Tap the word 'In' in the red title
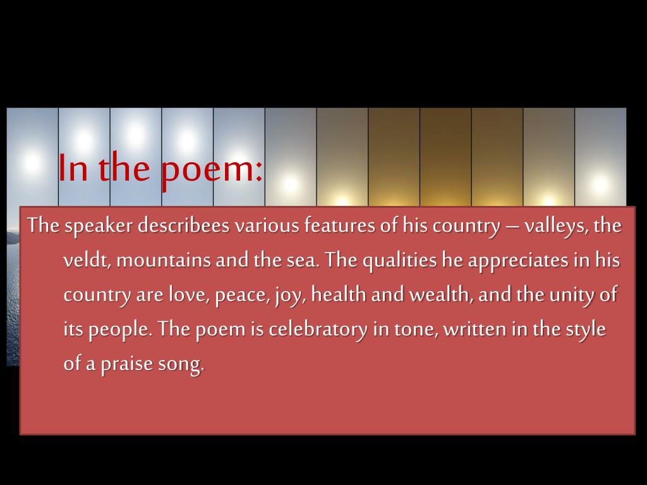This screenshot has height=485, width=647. [x=73, y=168]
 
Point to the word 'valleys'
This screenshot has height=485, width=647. [x=555, y=227]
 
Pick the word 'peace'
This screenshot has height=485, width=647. [x=241, y=296]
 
